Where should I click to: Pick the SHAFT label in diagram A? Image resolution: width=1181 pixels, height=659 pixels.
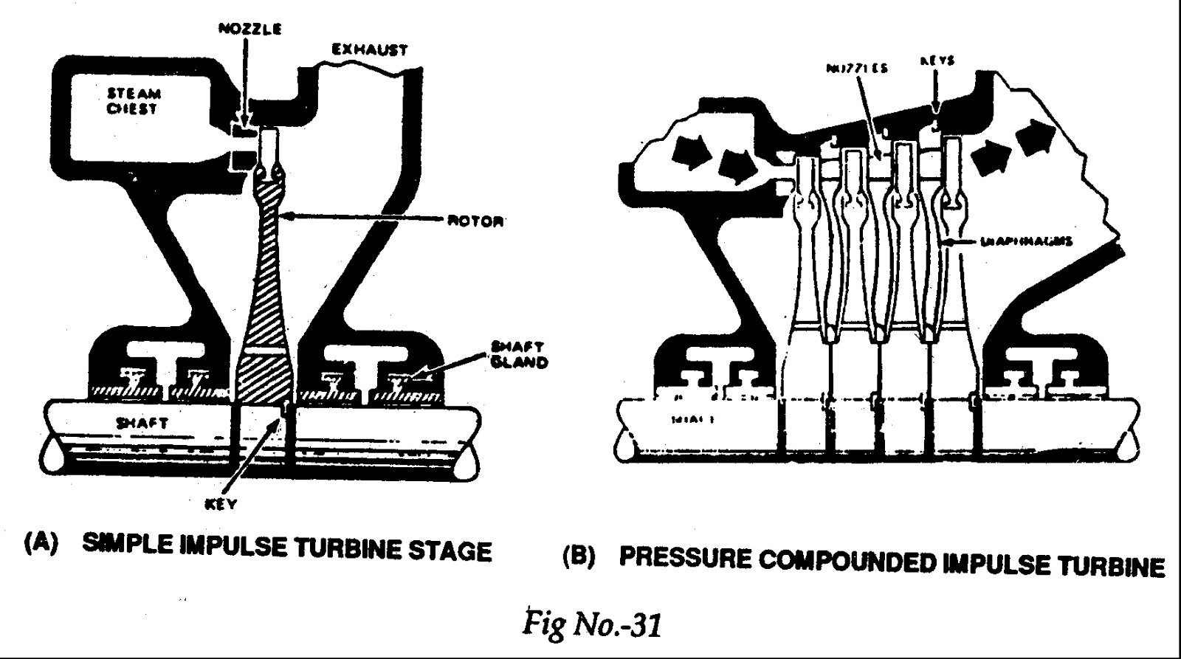click(142, 424)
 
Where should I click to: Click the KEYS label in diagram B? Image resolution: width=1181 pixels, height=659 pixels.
click(937, 61)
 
